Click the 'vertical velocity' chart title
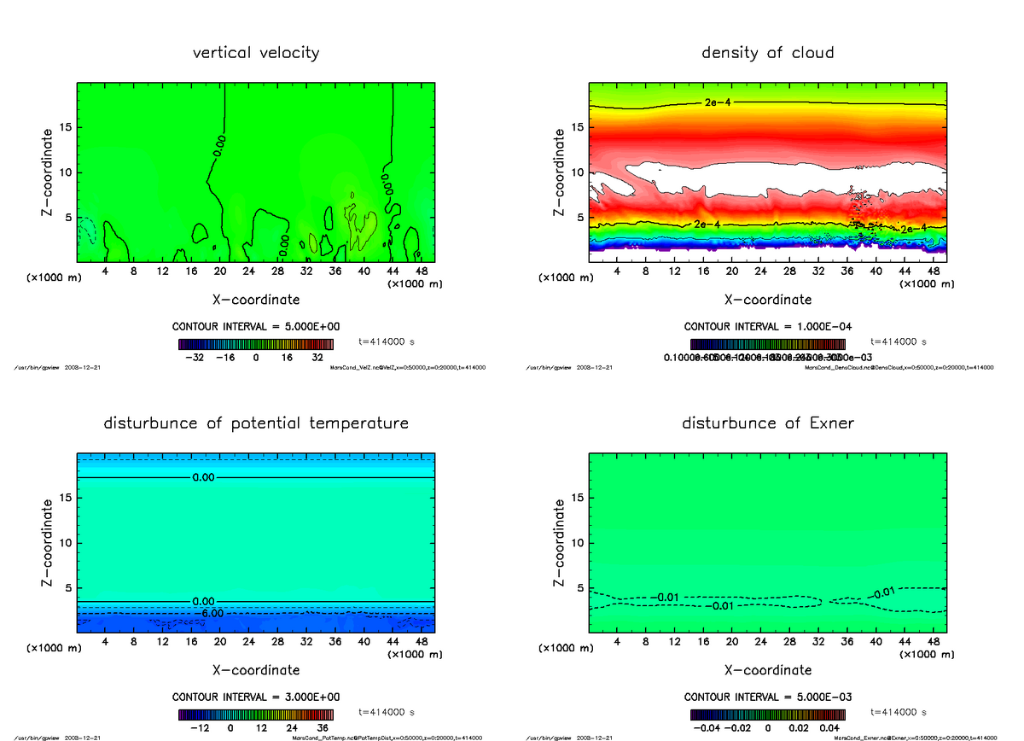click(256, 53)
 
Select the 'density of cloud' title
click(767, 53)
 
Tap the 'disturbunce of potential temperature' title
click(256, 423)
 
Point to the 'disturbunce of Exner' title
click(767, 423)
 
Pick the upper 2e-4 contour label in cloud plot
click(718, 102)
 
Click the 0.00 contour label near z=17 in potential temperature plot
click(204, 477)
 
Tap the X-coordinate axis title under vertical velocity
click(256, 300)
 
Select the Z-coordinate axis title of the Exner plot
click(560, 542)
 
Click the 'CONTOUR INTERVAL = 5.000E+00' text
click(256, 327)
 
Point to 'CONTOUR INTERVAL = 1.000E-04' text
click(768, 327)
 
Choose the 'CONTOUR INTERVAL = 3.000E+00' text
click(256, 697)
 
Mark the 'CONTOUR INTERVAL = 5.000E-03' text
click(768, 697)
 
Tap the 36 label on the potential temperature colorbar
click(323, 728)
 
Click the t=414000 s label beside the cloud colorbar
click(899, 341)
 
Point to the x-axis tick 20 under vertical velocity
click(220, 271)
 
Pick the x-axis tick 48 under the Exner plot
click(934, 642)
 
